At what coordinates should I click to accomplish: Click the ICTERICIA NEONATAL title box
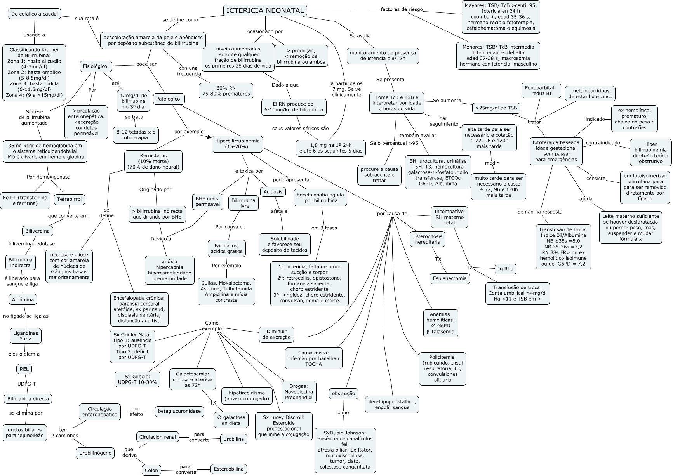(x=265, y=10)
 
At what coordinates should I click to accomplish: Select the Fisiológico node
(x=95, y=66)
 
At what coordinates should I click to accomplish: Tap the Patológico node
(x=168, y=99)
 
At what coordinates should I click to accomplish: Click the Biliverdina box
(x=37, y=231)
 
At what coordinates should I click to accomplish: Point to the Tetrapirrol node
(x=70, y=200)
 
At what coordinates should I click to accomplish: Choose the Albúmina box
(x=23, y=299)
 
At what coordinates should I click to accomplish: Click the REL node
(x=24, y=369)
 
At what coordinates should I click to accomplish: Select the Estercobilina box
(x=229, y=469)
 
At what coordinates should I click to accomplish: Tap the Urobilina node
(x=234, y=439)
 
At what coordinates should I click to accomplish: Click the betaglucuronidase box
(x=179, y=411)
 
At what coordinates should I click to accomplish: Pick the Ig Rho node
(x=506, y=268)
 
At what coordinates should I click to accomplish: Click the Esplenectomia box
(x=450, y=278)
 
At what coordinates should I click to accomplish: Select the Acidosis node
(x=273, y=192)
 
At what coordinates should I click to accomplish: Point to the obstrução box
(x=343, y=393)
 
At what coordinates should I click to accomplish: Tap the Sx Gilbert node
(x=137, y=379)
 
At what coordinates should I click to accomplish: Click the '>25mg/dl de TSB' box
(x=496, y=108)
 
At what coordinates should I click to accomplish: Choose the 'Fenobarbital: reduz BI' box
(x=541, y=90)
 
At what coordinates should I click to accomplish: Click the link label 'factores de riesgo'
(x=402, y=9)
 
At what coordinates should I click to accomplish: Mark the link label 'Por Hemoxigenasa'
(x=48, y=177)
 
